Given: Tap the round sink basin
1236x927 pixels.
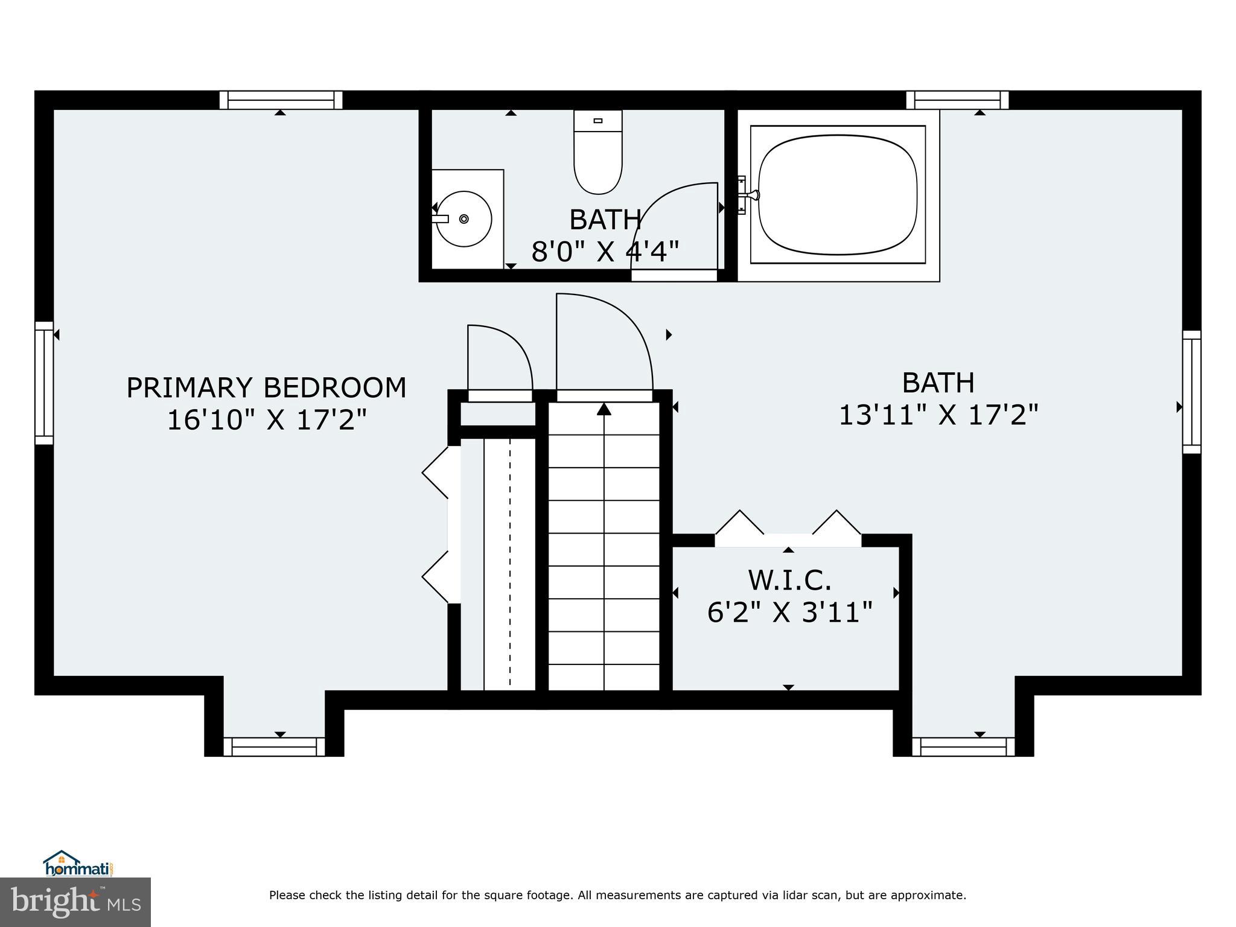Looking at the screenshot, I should pyautogui.click(x=464, y=218).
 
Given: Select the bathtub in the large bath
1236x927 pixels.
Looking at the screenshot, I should pyautogui.click(x=838, y=194).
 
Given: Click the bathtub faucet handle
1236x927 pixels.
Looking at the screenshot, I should pyautogui.click(x=752, y=194).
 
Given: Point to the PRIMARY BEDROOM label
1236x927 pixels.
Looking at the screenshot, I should pyautogui.click(x=266, y=387).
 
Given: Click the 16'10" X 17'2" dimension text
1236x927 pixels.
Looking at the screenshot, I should pyautogui.click(x=266, y=420).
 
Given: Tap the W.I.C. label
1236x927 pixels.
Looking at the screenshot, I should pyautogui.click(x=789, y=581).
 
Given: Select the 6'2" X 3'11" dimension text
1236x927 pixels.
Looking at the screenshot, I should pyautogui.click(x=789, y=613).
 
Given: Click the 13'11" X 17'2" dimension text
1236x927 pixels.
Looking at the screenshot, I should pyautogui.click(x=938, y=415).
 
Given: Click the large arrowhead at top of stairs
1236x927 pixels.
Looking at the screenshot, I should pyautogui.click(x=604, y=409).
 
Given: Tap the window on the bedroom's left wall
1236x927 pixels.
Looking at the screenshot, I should pyautogui.click(x=44, y=383).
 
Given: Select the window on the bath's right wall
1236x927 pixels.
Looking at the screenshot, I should pyautogui.click(x=1191, y=391).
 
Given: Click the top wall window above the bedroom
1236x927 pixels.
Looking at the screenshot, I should pyautogui.click(x=281, y=100).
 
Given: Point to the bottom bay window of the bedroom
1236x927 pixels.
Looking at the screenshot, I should pyautogui.click(x=274, y=747).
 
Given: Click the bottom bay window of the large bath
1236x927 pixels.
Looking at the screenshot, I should pyautogui.click(x=963, y=747).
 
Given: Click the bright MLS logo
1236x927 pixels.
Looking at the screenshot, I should pyautogui.click(x=75, y=902).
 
